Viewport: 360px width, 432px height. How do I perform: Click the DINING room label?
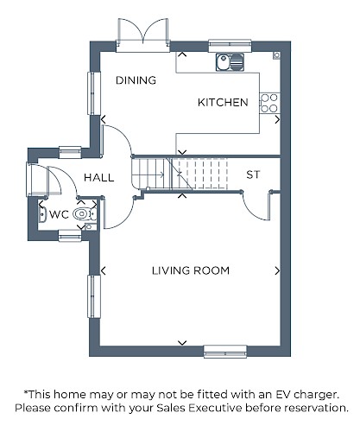pos(136,80)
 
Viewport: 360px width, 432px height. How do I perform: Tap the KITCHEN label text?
pos(223,103)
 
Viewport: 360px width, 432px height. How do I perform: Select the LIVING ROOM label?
pos(191,270)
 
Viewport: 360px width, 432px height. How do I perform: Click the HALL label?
pos(99,177)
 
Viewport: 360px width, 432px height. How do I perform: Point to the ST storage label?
pos(253,175)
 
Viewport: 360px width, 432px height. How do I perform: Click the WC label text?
pos(59,214)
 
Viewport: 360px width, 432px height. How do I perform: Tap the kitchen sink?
pos(230,62)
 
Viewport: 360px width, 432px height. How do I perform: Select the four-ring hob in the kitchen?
pos(269,103)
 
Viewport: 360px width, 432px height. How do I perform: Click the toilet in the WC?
pos(85,214)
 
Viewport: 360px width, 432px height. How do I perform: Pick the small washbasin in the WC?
pos(42,214)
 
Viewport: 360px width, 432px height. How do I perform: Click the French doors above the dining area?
pos(142,35)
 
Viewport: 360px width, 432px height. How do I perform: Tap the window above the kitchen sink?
pos(230,46)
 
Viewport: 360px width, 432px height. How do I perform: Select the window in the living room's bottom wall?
pos(225,352)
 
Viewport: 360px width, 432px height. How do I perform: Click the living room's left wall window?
pos(94,296)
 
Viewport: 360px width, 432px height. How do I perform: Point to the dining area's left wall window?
pos(94,93)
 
